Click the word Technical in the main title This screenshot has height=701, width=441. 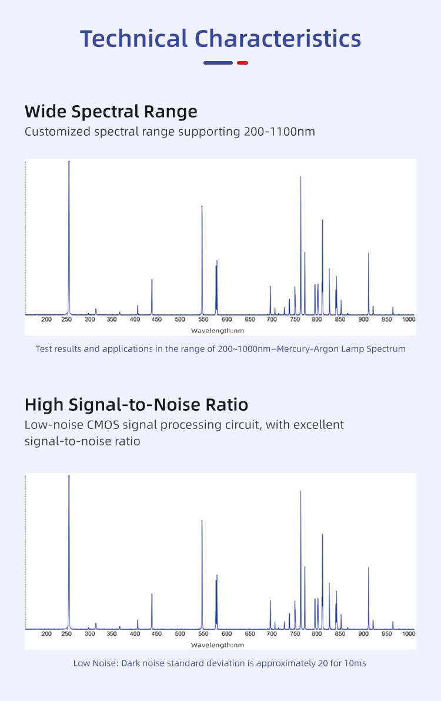134,39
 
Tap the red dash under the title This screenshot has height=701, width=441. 242,63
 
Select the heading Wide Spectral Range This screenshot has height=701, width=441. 111,111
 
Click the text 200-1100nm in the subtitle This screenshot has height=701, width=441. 279,131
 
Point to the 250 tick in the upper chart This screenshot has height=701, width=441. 66,320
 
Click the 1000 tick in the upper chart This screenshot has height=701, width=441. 409,320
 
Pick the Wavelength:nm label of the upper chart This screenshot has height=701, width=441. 217,331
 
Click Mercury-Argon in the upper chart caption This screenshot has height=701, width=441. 306,348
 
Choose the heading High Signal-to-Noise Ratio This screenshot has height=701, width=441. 136,405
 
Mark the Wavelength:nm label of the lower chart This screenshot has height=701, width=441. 217,645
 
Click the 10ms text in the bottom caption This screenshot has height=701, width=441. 355,663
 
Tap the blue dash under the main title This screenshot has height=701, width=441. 218,63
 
